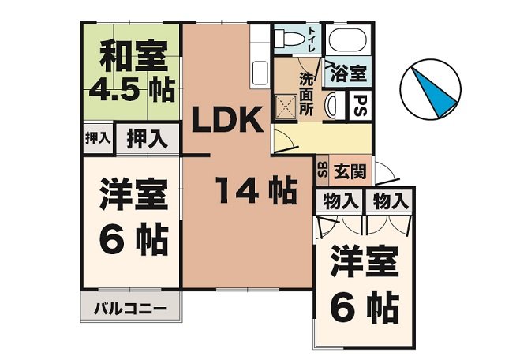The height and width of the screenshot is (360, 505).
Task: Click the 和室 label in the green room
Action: coord(133,58)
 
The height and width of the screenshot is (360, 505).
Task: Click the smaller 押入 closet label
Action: coord(97,137)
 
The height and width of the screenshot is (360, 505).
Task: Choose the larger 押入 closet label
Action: coord(147,139)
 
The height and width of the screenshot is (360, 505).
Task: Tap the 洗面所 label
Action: coord(306,94)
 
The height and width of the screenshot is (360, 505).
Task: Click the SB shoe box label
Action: coord(322,168)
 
